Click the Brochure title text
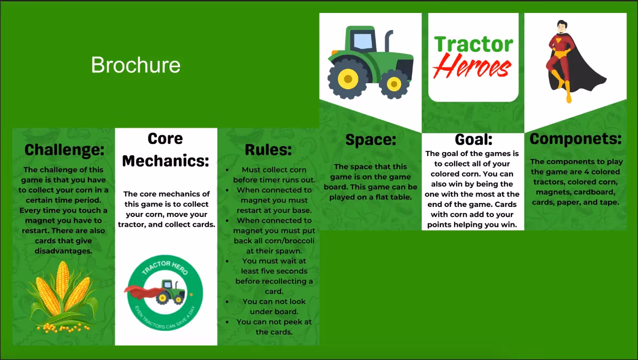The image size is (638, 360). pos(136,65)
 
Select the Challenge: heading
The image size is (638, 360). pos(65,149)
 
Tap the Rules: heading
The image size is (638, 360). pos(268,149)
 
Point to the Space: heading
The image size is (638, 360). pos(370,140)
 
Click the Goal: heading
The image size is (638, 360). pos(473,139)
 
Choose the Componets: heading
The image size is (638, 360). pos(575,139)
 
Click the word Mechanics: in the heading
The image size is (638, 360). pos(165,161)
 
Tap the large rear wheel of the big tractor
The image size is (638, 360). pos(347,79)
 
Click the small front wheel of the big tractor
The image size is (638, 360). pos(394,84)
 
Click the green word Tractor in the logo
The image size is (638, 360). pos(473,44)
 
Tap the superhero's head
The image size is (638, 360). pos(562,27)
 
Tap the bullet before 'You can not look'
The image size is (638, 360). pos(227,302)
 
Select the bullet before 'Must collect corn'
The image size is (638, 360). pos(227,170)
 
